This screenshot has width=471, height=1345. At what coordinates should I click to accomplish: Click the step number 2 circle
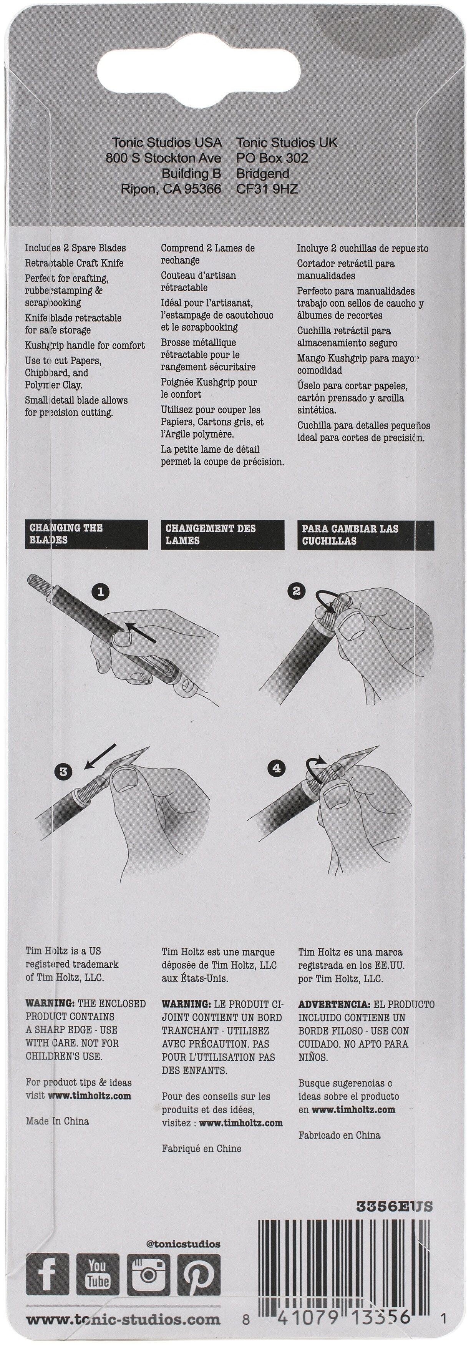coord(297,591)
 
